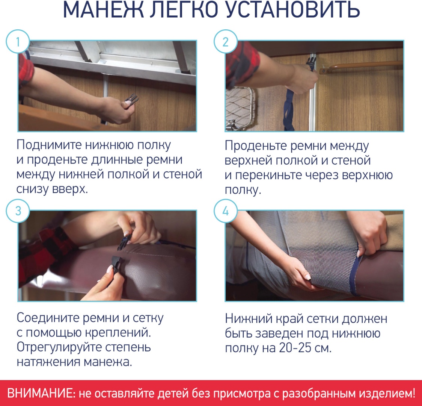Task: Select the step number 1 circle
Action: tap(18, 41)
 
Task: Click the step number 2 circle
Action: tap(226, 41)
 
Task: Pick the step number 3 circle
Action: tap(18, 211)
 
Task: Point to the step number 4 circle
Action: tap(226, 211)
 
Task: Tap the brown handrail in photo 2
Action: tap(361, 66)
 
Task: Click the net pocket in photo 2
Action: tap(240, 108)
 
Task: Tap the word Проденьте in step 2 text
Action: tap(255, 146)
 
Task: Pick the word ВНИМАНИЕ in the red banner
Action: tap(39, 393)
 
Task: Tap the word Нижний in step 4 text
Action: tap(249, 319)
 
